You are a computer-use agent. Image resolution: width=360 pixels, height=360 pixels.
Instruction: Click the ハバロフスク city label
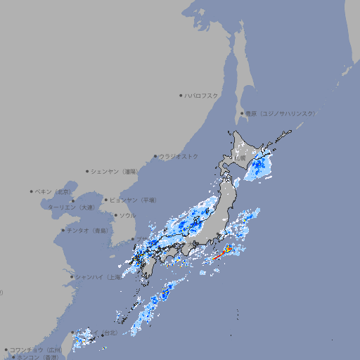point(202,95)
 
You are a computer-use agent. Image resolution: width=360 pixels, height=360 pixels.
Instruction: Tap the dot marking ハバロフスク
point(181,95)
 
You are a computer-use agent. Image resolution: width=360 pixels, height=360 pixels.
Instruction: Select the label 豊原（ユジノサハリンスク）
point(281,113)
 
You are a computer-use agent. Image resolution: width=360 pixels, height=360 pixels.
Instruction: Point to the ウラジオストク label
point(179,156)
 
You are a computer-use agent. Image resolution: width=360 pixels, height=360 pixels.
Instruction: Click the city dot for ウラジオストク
point(155,156)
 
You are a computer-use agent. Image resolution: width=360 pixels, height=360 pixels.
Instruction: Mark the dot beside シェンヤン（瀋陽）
point(88,171)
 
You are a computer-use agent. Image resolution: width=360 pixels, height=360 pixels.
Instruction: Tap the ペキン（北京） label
point(53,191)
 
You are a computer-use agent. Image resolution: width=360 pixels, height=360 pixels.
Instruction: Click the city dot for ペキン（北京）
point(32,191)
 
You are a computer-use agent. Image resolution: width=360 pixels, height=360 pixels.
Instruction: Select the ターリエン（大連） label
point(71,207)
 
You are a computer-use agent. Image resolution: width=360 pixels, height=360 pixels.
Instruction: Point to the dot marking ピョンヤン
point(106,200)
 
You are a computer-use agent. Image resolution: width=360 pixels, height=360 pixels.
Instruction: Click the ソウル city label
point(127,215)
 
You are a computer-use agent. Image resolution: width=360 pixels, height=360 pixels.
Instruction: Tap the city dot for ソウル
point(114,215)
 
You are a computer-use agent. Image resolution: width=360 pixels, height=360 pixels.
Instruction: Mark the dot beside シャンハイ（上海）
point(72,277)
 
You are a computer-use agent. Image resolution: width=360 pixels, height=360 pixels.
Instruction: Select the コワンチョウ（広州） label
point(35,349)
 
